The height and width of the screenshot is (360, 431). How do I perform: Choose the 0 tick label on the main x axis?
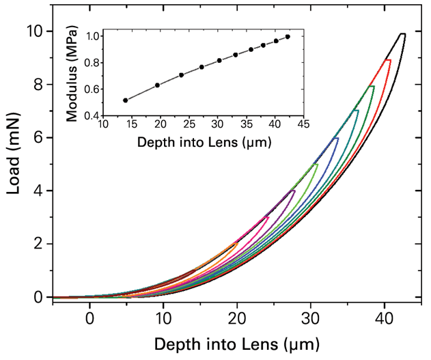point(89,318)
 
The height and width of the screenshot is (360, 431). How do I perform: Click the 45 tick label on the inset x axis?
point(303,126)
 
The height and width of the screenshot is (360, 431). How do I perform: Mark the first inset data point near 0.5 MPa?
point(125,100)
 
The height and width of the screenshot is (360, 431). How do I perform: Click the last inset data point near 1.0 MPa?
point(288,37)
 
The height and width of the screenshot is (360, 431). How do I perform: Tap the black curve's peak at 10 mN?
point(403,33)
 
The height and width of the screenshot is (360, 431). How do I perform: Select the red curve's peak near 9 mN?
point(389,60)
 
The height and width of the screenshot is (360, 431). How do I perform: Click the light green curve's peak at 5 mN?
point(316,163)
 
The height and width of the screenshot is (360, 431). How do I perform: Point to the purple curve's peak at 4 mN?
point(294,191)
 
